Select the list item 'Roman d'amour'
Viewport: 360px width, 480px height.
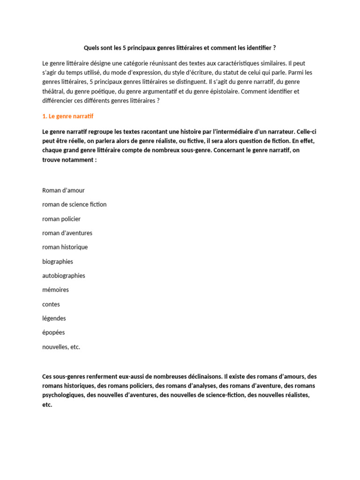[x=63, y=190]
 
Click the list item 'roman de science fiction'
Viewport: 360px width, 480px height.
[x=74, y=204]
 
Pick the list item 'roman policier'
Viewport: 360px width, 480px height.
[x=61, y=219]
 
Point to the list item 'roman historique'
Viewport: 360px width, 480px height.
[x=65, y=247]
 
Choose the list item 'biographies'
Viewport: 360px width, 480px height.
[x=58, y=262]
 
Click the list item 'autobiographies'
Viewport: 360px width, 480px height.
[x=64, y=276]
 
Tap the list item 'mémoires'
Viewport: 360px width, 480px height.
[x=55, y=290]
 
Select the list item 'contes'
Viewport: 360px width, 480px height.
[x=51, y=304]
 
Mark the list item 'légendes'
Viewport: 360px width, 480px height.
[x=54, y=318]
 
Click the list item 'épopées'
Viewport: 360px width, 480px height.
[x=53, y=332]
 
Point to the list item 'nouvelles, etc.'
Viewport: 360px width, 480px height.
[x=61, y=347]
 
